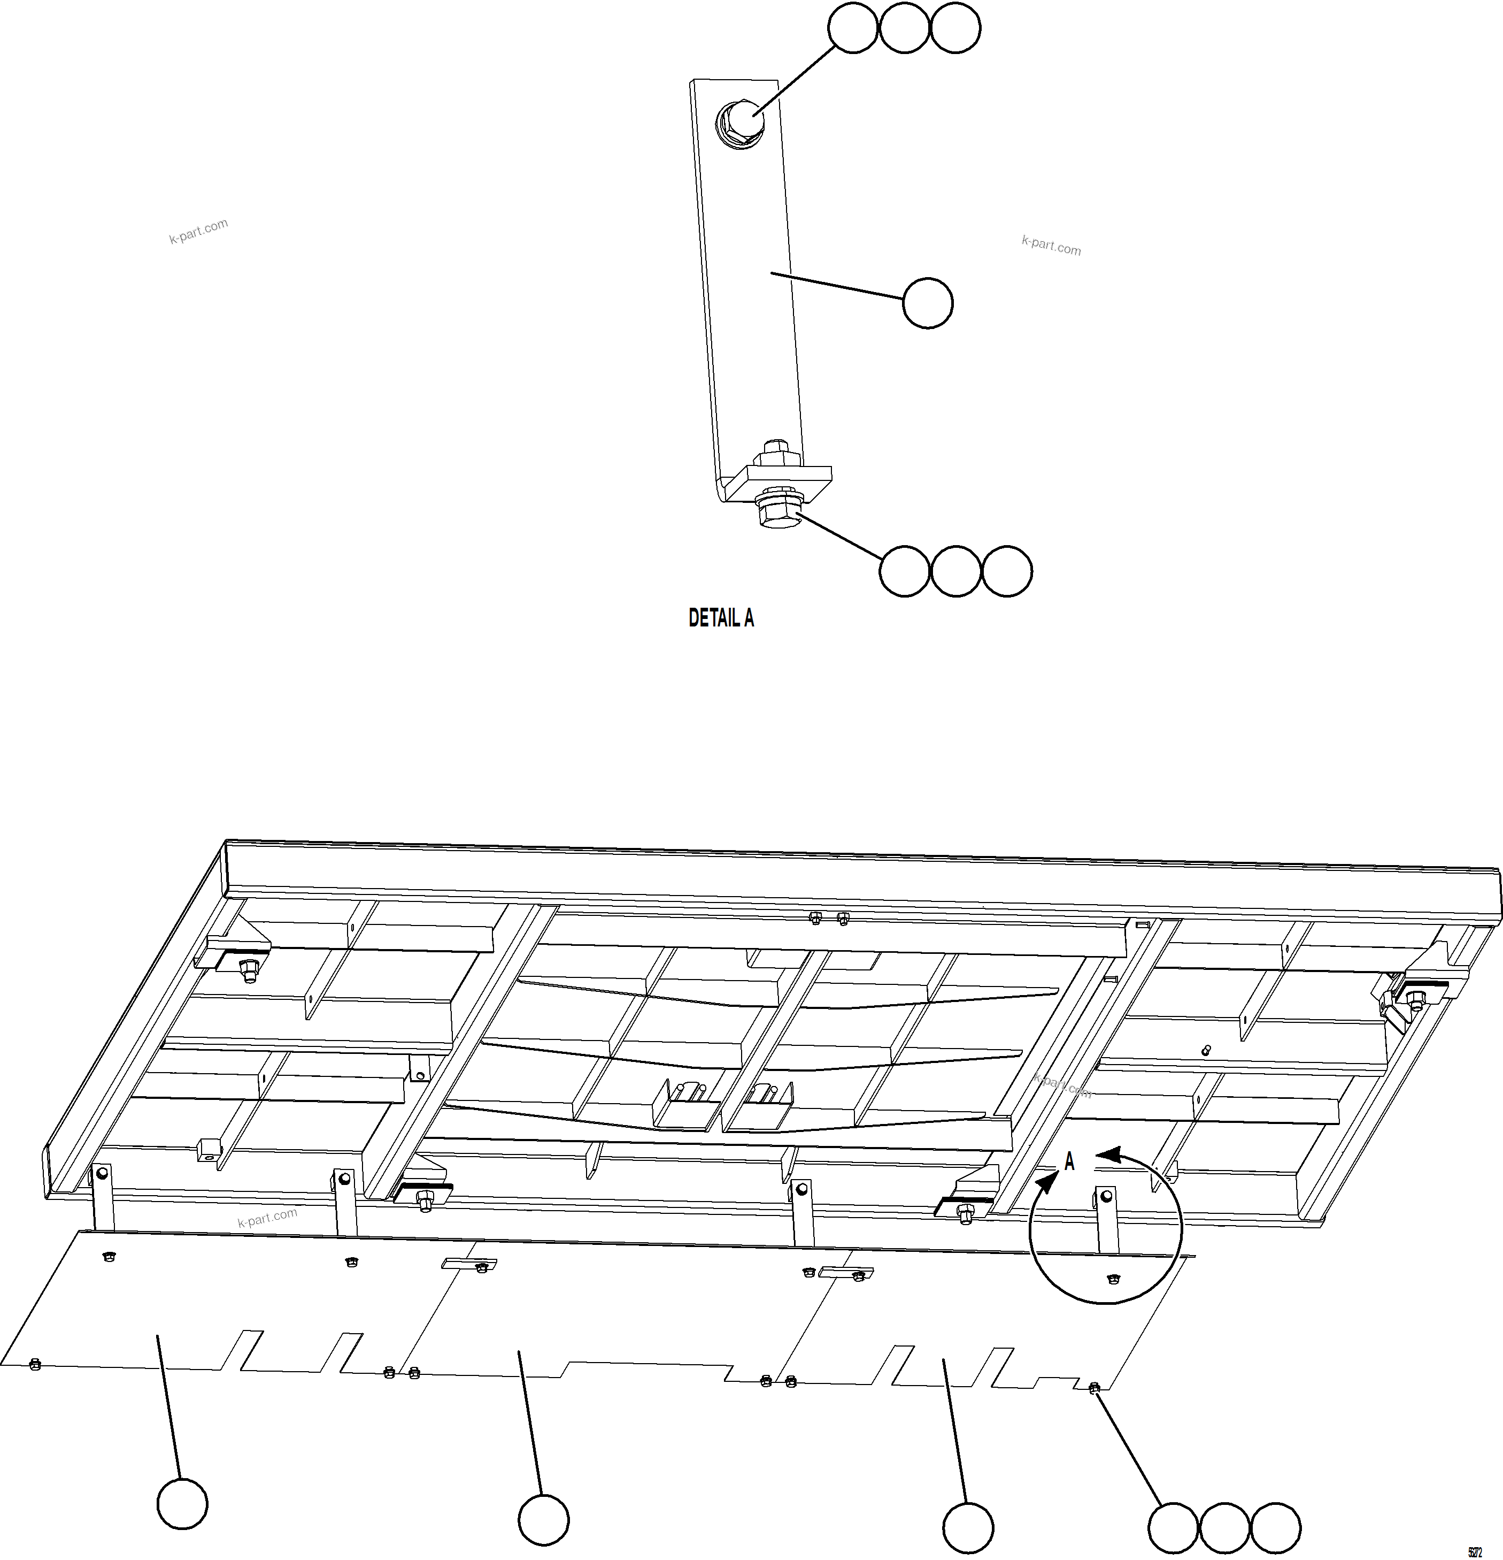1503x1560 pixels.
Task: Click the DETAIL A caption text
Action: tap(721, 618)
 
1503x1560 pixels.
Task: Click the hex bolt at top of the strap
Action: tap(741, 120)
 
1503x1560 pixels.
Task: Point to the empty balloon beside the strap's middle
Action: tap(928, 302)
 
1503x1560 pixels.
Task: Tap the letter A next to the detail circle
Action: tap(1069, 1162)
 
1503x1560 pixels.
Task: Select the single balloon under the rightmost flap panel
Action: tap(968, 1528)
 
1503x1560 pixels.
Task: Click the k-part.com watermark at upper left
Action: tap(199, 231)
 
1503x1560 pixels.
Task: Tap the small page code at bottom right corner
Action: tap(1474, 1552)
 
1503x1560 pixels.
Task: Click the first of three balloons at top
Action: tap(853, 29)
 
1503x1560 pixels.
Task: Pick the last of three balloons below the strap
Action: tap(1007, 571)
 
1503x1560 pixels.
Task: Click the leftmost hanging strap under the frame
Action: tap(103, 1198)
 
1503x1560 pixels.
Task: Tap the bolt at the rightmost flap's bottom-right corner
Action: tap(1094, 1388)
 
